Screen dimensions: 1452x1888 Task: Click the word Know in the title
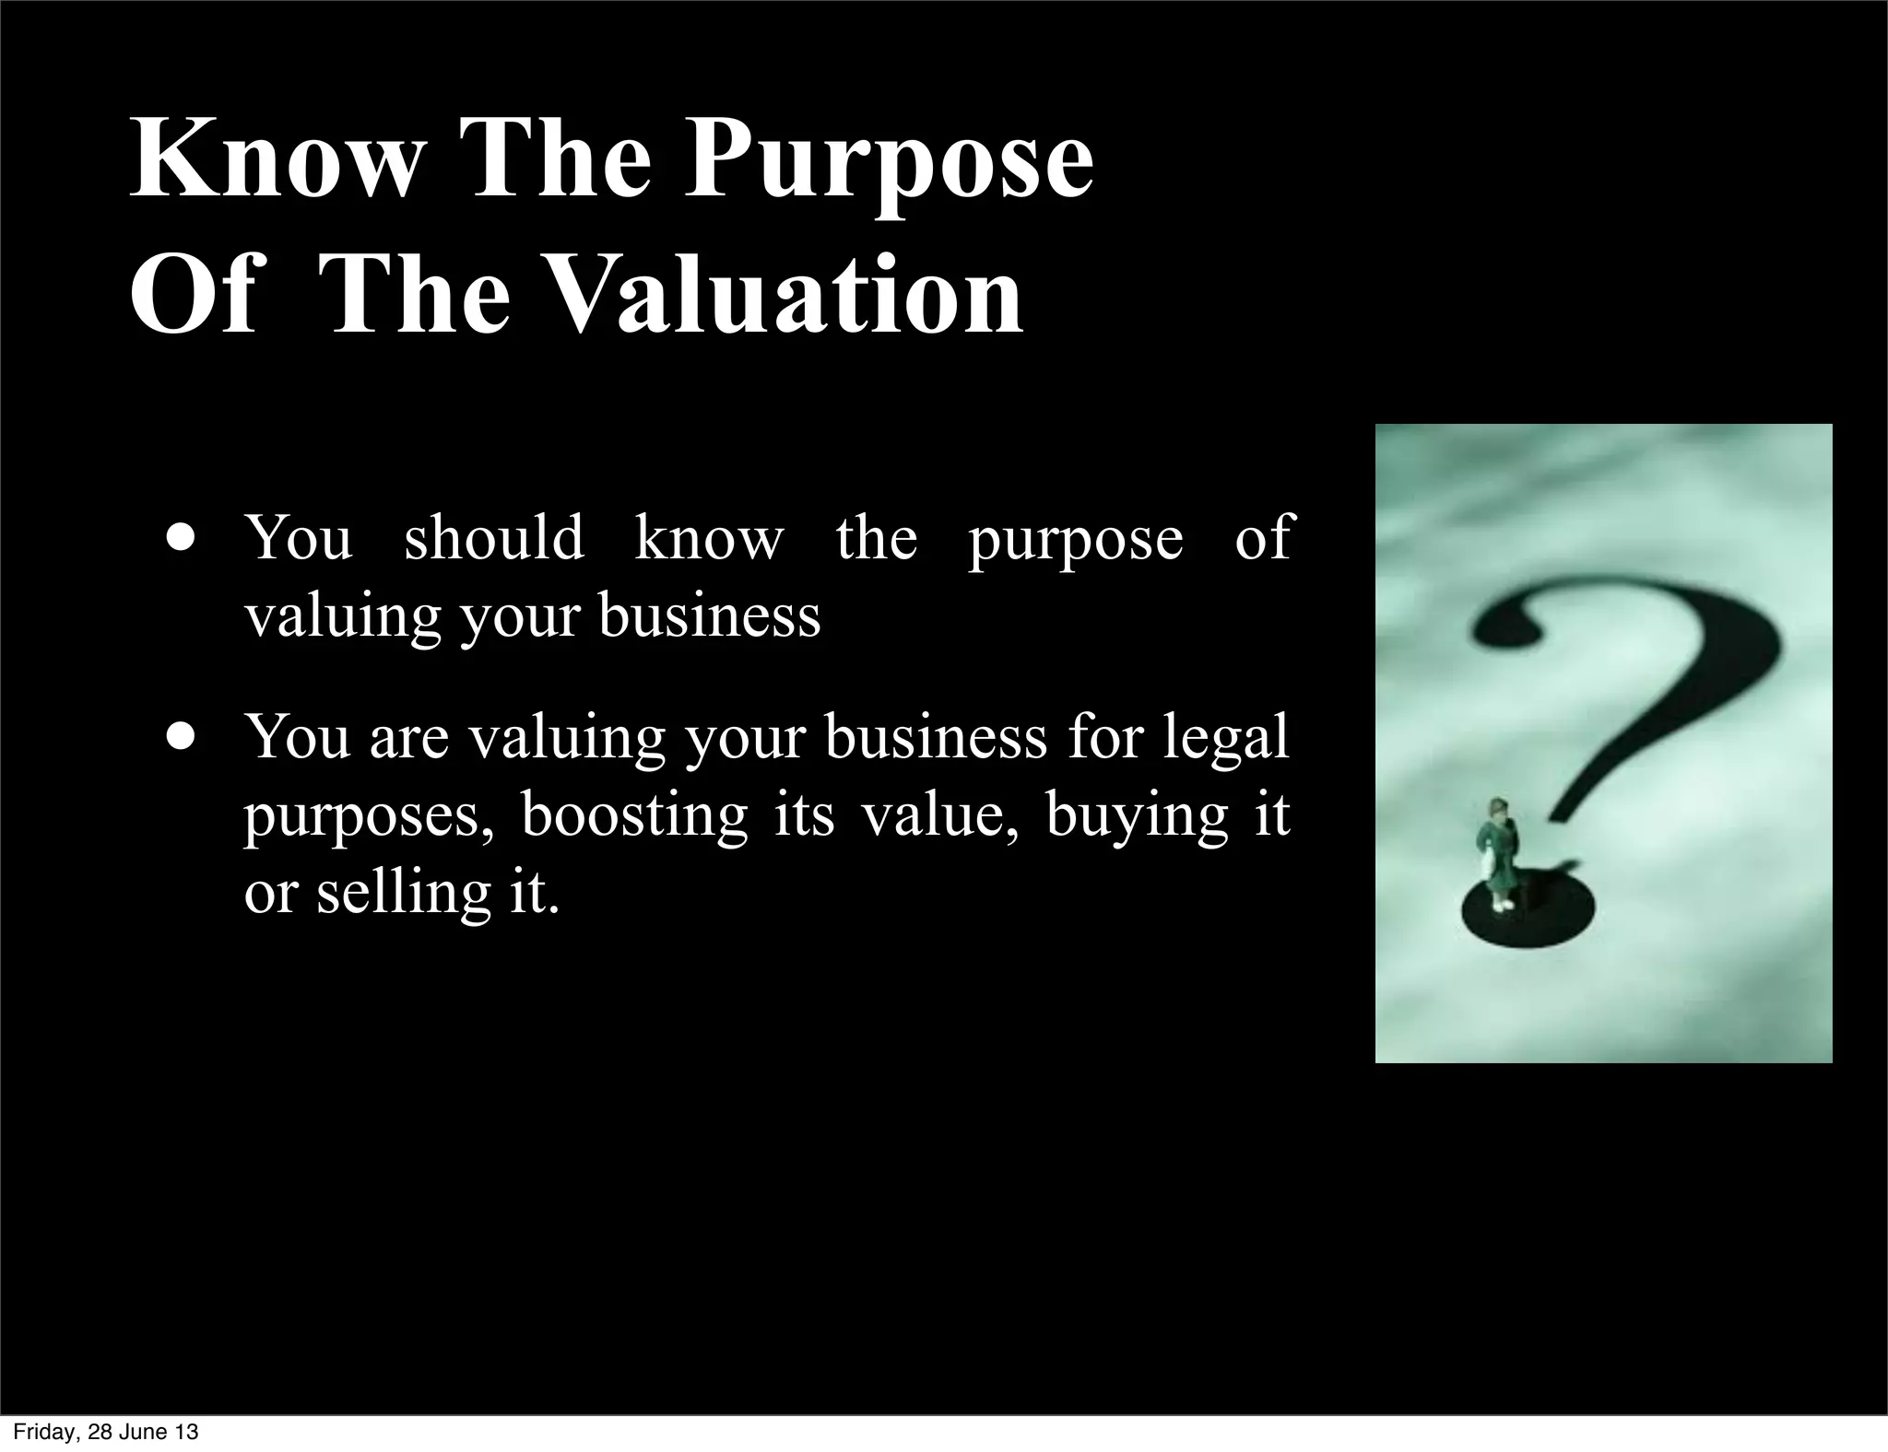tap(275, 159)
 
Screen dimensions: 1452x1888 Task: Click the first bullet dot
tap(182, 538)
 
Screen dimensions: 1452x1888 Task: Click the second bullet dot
tap(182, 738)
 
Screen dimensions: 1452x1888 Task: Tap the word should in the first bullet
tap(494, 537)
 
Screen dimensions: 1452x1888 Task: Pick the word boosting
tap(635, 814)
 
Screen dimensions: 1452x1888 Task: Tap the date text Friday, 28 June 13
tap(105, 1432)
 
